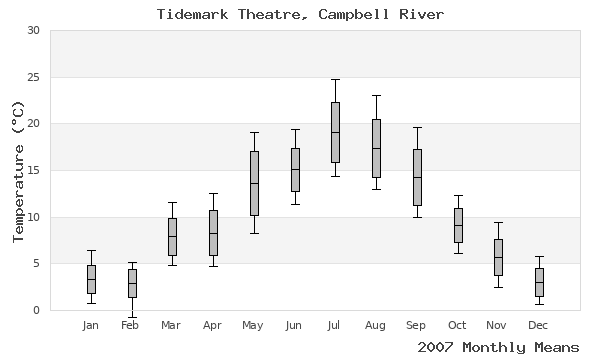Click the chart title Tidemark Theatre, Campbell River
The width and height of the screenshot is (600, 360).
[300, 14]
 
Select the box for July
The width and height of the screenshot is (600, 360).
[335, 132]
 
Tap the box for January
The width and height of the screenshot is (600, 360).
[91, 279]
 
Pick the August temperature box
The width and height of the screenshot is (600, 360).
[376, 148]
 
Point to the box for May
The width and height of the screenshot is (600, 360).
[254, 183]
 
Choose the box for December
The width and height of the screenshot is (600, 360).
[539, 282]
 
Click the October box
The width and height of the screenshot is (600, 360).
[458, 225]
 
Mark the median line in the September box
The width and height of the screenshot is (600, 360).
[417, 177]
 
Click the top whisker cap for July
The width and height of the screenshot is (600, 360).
[335, 79]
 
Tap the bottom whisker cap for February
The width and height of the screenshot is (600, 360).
[132, 317]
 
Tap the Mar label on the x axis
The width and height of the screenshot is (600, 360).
[172, 325]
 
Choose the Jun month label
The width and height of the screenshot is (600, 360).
[294, 325]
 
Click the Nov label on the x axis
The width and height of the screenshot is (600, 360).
[498, 325]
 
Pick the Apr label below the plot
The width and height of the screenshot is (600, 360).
[213, 325]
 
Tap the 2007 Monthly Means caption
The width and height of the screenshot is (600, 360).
[497, 347]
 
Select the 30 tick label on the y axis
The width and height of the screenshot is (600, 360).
[33, 30]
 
